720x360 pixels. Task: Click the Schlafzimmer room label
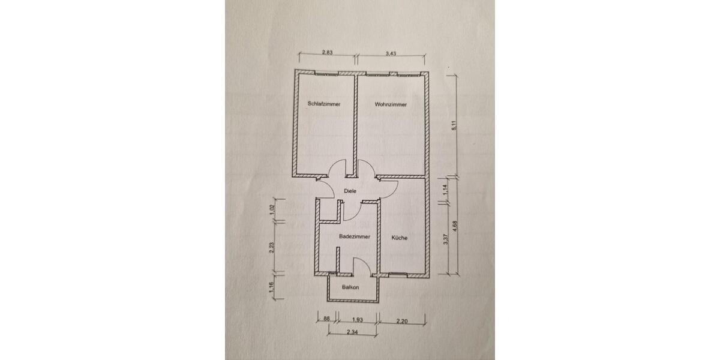point(324,104)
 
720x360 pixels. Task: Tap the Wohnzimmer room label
point(391,104)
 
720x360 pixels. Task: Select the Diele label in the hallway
point(350,191)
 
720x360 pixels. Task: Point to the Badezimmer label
point(354,237)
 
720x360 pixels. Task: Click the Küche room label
point(400,238)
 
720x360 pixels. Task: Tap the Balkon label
point(350,287)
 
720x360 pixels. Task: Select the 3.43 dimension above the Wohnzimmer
point(391,53)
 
